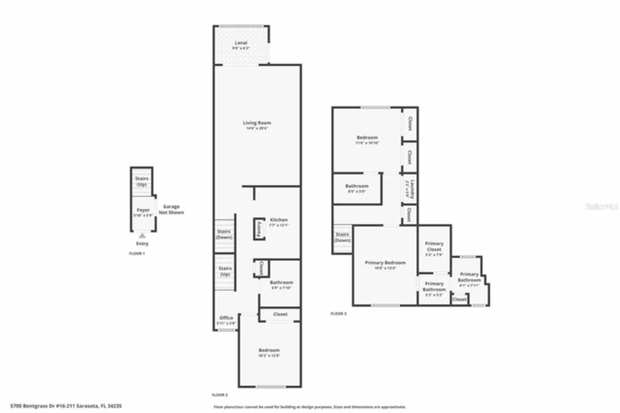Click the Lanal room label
(241, 43)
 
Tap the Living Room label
(257, 123)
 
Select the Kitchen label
(279, 220)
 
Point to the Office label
(226, 318)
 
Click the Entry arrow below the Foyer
(142, 236)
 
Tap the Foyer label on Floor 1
(143, 210)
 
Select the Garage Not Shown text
(171, 209)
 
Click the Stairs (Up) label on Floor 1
(142, 181)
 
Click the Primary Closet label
(434, 246)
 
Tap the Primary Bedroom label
(385, 263)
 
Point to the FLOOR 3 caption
(339, 314)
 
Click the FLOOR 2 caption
(219, 395)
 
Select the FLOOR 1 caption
(137, 254)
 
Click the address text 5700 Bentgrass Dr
(66, 406)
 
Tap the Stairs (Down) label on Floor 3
(342, 238)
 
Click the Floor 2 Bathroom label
(281, 283)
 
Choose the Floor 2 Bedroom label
(269, 350)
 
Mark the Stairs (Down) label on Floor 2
(224, 235)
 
